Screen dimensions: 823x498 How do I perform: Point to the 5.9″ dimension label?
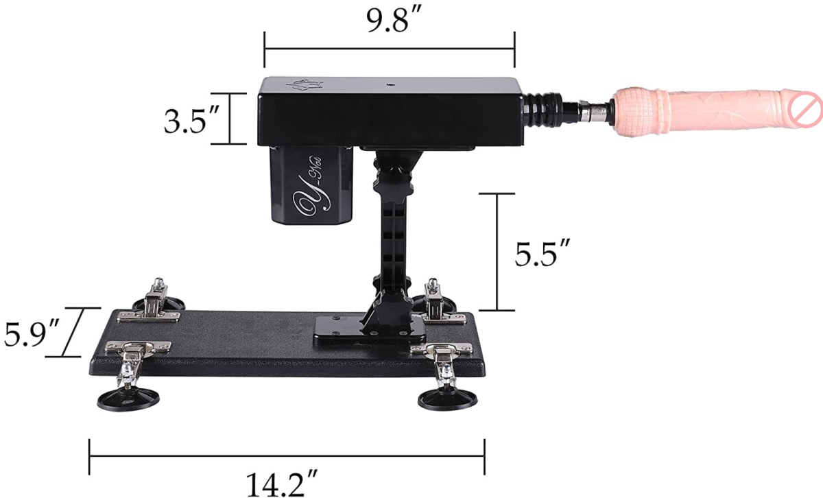pyautogui.click(x=32, y=333)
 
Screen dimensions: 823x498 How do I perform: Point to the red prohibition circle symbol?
pyautogui.click(x=804, y=108)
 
